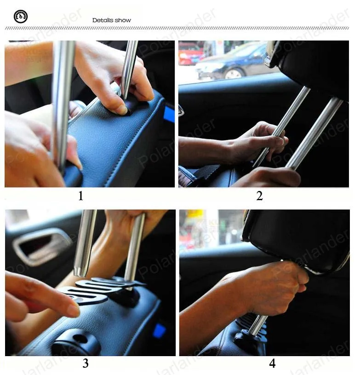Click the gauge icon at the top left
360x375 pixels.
click(x=21, y=17)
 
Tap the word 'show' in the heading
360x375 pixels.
click(x=123, y=20)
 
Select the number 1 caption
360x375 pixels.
click(x=81, y=196)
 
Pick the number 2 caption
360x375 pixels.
click(x=260, y=196)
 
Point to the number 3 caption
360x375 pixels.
click(x=86, y=363)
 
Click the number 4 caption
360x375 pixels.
click(x=272, y=363)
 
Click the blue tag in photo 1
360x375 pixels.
click(x=169, y=114)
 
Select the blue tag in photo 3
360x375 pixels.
click(x=160, y=330)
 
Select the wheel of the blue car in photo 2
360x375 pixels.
click(x=233, y=74)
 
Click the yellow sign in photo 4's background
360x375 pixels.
click(x=195, y=214)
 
